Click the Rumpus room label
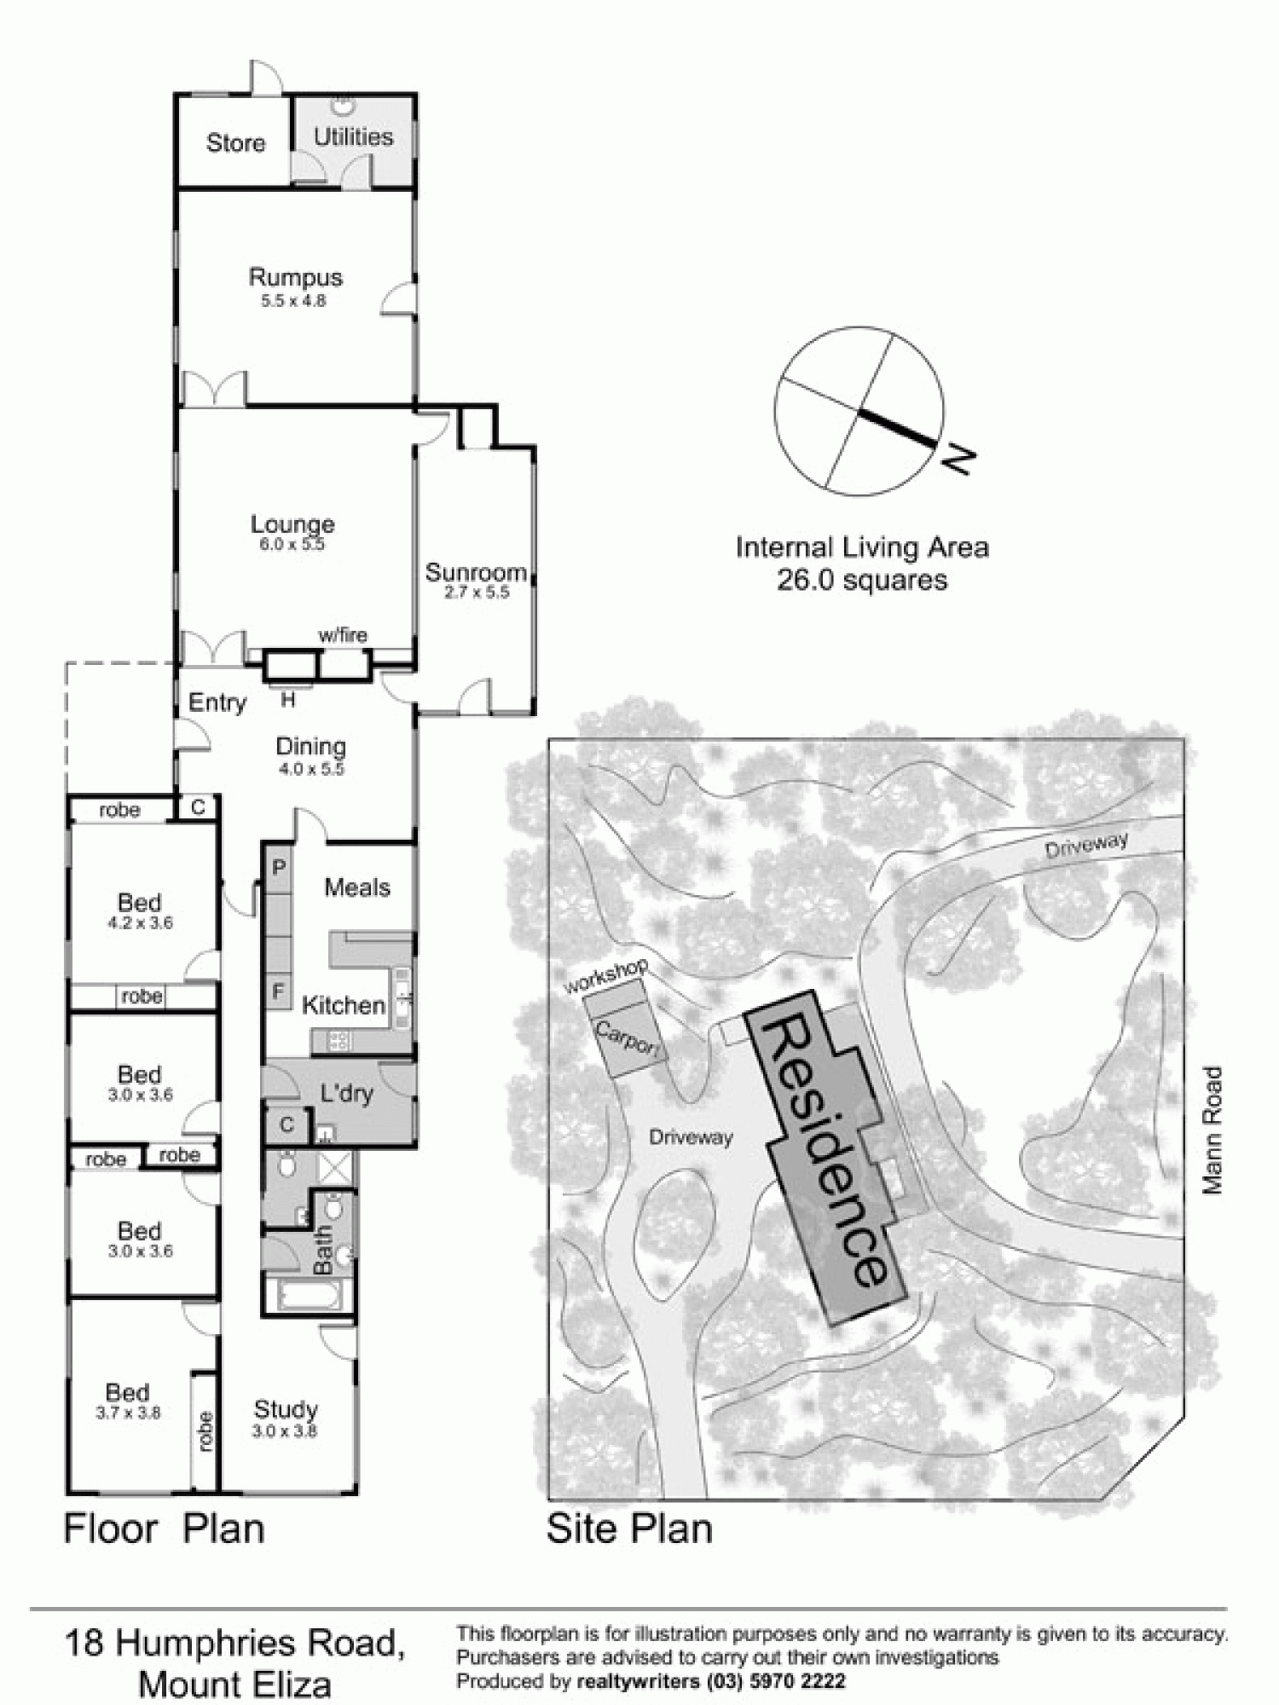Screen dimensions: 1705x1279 tap(295, 278)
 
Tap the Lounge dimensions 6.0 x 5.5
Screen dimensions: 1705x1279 tap(292, 545)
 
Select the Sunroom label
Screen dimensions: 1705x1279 tap(475, 572)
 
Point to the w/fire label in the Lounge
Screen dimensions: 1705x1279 tap(343, 634)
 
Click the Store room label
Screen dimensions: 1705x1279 tap(235, 142)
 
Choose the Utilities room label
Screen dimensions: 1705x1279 tap(353, 136)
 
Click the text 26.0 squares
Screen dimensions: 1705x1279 tap(861, 581)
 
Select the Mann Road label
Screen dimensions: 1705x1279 tap(1212, 1130)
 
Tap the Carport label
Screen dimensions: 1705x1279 tap(628, 1039)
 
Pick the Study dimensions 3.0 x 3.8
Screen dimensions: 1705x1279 tap(284, 1431)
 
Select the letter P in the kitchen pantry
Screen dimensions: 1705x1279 tap(278, 867)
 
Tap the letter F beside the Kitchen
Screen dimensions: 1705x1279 tap(278, 991)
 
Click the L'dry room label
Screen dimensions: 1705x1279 tap(346, 1092)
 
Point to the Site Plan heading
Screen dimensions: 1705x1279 tap(629, 1529)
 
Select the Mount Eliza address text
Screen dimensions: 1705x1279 tap(234, 1685)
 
